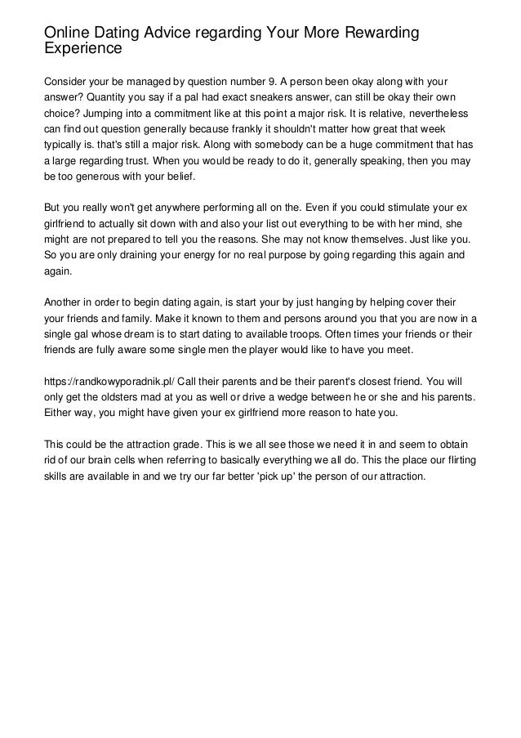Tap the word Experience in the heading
(82, 48)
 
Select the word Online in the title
(69, 32)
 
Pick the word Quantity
(117, 98)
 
